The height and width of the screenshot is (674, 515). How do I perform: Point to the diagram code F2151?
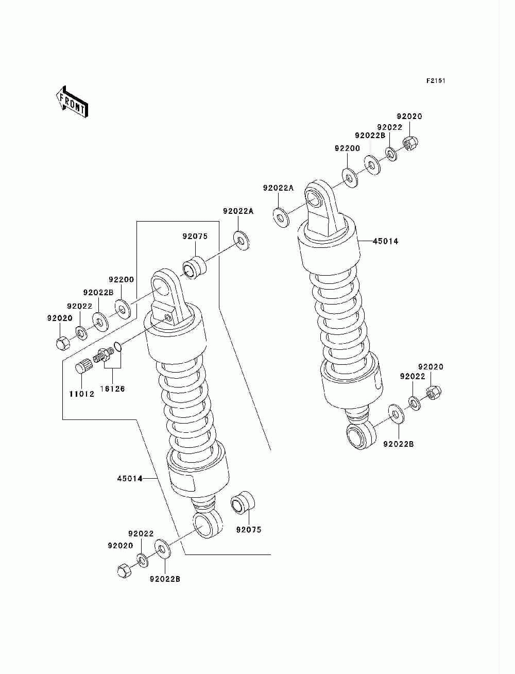pyautogui.click(x=435, y=81)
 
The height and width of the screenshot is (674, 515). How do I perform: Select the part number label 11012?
pyautogui.click(x=81, y=394)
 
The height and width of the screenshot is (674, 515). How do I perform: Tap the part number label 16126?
pyautogui.click(x=112, y=389)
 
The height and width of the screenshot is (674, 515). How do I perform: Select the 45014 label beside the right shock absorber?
pyautogui.click(x=385, y=241)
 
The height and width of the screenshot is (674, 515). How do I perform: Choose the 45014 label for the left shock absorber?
pyautogui.click(x=130, y=479)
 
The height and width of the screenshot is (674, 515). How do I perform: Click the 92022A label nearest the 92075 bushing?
pyautogui.click(x=238, y=211)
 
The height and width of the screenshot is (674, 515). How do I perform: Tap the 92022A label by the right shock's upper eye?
pyautogui.click(x=278, y=188)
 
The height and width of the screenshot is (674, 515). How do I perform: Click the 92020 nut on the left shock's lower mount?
pyautogui.click(x=124, y=570)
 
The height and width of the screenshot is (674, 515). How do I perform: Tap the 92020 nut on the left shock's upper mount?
pyautogui.click(x=61, y=342)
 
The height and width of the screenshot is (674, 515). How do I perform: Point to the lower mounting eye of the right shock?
pyautogui.click(x=358, y=434)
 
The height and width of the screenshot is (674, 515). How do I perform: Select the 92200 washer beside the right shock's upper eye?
pyautogui.click(x=350, y=178)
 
